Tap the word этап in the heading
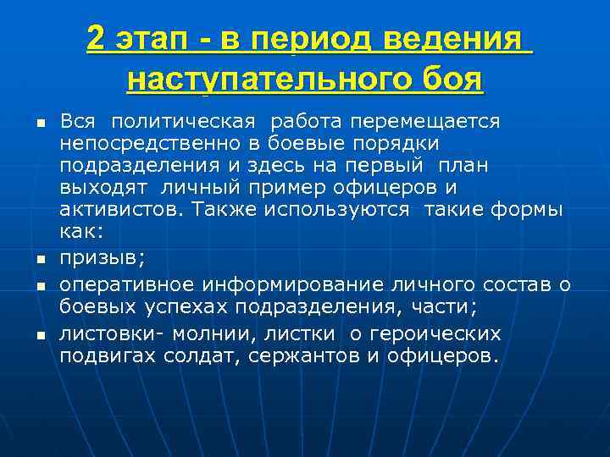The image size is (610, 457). coord(154,39)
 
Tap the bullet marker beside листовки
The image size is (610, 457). coord(39,336)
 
